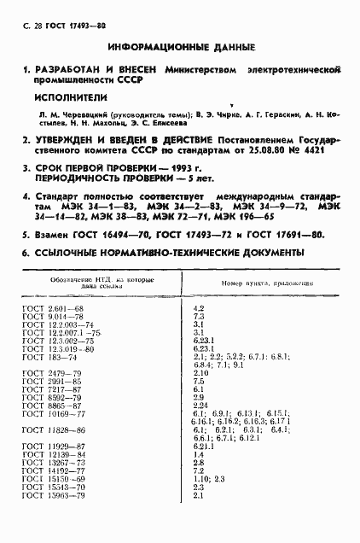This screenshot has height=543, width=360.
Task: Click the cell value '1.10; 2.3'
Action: coord(209,480)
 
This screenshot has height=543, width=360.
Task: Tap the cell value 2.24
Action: coord(201,406)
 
